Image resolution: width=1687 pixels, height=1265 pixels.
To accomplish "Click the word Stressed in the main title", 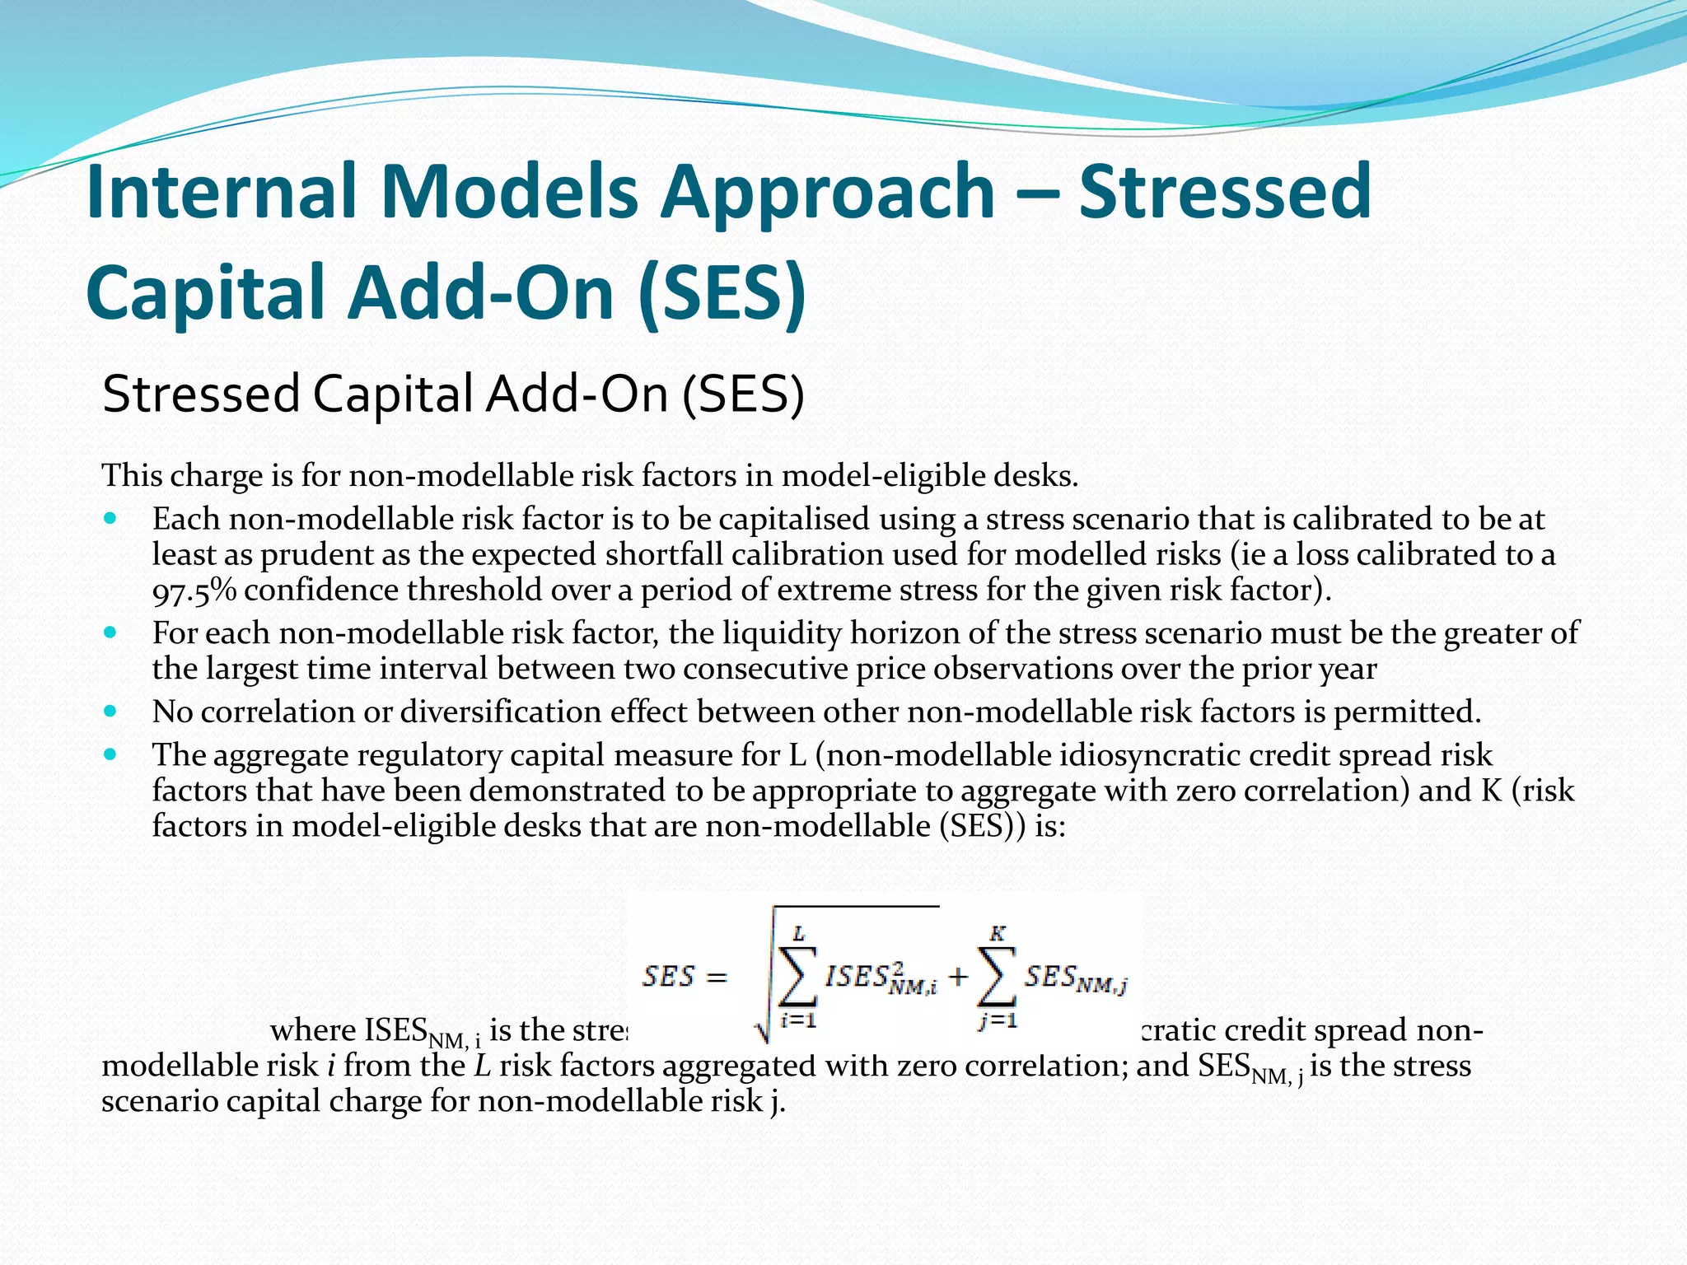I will coord(1225,191).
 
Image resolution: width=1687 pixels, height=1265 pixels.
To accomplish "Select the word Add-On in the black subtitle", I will coord(577,394).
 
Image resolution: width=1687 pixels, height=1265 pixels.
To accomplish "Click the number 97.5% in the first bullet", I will coord(194,590).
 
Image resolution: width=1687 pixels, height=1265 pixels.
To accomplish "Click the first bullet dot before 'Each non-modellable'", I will coord(110,520).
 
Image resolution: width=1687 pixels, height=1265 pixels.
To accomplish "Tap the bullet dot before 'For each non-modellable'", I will coord(110,633).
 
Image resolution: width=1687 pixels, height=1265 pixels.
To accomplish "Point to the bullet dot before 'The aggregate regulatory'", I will coord(110,754).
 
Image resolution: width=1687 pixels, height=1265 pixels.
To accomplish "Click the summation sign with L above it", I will coord(797,977).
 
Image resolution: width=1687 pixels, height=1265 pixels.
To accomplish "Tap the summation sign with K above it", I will coord(997,977).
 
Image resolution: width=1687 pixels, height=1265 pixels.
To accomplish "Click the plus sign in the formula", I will coord(957,978).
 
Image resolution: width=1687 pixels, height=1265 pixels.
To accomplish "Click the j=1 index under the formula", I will coord(998,1021).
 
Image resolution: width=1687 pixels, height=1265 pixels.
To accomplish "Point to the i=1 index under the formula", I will coord(798,1021).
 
